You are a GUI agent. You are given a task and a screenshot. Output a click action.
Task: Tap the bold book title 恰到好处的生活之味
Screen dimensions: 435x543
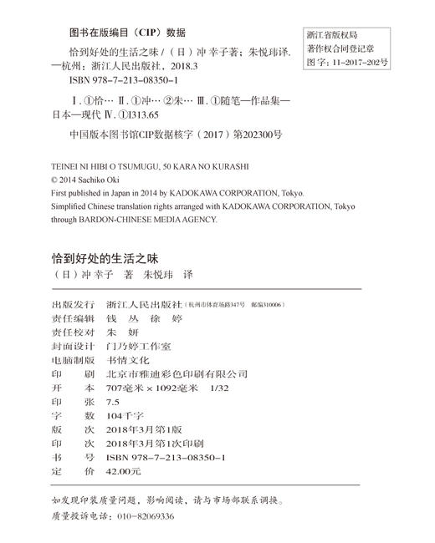[x=109, y=256]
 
